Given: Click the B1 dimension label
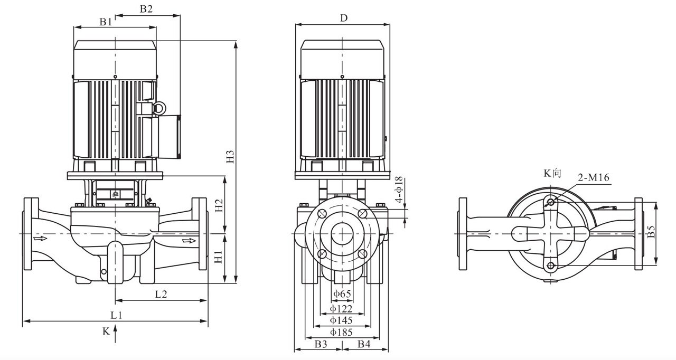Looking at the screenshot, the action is [x=106, y=22].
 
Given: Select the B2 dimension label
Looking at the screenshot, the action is [x=146, y=9].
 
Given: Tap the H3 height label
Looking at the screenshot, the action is [x=230, y=156].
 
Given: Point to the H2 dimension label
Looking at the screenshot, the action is [x=219, y=205].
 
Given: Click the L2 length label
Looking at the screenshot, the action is [x=161, y=294].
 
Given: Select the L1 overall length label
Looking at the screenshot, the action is [x=116, y=315].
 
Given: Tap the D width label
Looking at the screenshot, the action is [x=344, y=18].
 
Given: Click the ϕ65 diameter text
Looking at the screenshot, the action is [x=342, y=293].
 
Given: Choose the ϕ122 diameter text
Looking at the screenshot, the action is [x=341, y=308].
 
